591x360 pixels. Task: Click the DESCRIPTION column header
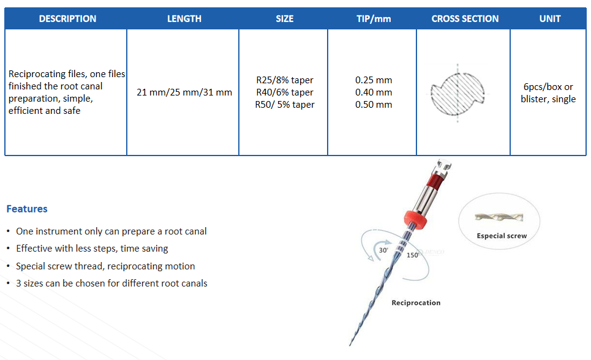(67, 19)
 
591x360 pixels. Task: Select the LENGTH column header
(184, 19)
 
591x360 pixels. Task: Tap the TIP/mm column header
(374, 19)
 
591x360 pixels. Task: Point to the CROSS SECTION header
(465, 19)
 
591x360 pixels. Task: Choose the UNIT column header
(550, 19)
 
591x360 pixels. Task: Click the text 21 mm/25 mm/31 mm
(184, 92)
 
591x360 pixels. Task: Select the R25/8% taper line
(285, 80)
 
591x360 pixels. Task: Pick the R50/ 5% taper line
(285, 105)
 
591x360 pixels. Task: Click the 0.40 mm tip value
(374, 92)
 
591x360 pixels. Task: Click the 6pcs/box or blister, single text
(548, 92)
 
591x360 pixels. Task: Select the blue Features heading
(27, 209)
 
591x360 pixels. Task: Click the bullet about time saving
(92, 249)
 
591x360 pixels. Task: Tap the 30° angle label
(383, 250)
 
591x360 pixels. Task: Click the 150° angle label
(413, 255)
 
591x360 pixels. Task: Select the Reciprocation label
(416, 302)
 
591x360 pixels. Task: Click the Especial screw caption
(502, 236)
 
